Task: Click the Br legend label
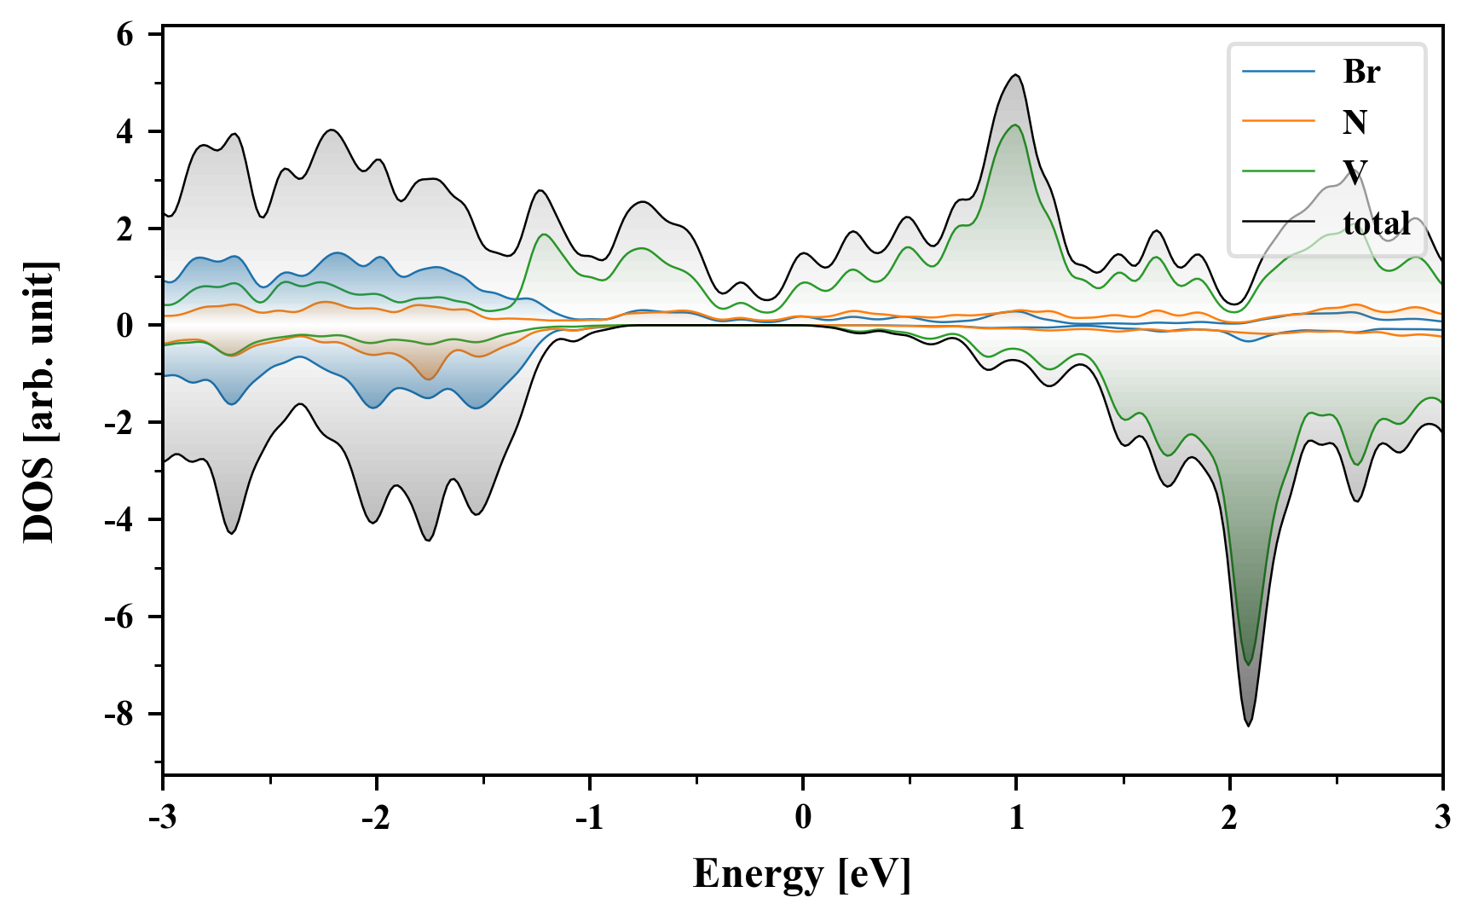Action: tap(1360, 72)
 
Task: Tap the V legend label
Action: tap(1355, 172)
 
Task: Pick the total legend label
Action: tap(1377, 223)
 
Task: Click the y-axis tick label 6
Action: tap(125, 35)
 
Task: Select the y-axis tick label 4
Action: tap(125, 132)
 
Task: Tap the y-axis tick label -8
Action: tap(120, 715)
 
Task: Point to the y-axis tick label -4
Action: tap(120, 520)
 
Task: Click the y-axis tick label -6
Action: tap(120, 617)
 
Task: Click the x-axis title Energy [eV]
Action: tap(802, 874)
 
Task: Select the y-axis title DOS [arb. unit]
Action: tap(39, 403)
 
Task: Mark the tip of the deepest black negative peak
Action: tap(1249, 725)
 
